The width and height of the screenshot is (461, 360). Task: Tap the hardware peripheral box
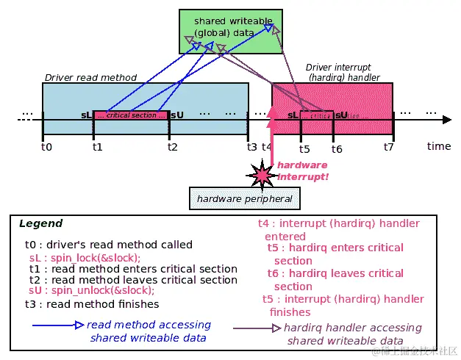coord(246,198)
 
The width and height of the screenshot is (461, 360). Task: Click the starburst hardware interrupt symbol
coord(263,174)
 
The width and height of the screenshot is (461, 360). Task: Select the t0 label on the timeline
coord(46,147)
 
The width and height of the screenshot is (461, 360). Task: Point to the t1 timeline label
coord(97,147)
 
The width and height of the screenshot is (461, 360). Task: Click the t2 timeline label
coord(172,147)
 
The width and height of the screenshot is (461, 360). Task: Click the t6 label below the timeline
coord(337,149)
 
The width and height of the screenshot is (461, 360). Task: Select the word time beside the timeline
coord(438,146)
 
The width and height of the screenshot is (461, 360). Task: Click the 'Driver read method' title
coord(90,77)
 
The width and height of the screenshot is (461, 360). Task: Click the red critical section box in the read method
coord(131,115)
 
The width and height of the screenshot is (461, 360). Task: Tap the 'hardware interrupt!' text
coord(302,171)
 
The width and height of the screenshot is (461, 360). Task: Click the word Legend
coord(40,223)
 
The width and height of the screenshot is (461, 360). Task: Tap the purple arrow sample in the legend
coord(257,328)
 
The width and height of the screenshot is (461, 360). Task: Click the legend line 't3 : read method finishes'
coord(91,303)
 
